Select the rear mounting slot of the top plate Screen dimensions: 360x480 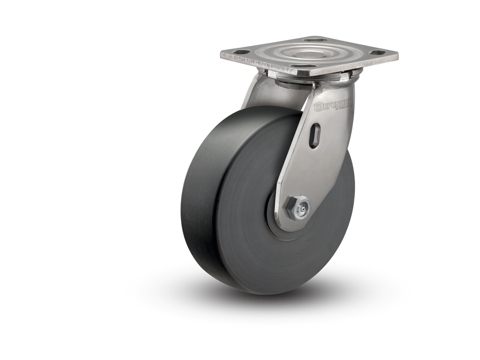(x=312, y=40)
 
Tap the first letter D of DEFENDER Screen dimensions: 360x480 (x=318, y=107)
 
